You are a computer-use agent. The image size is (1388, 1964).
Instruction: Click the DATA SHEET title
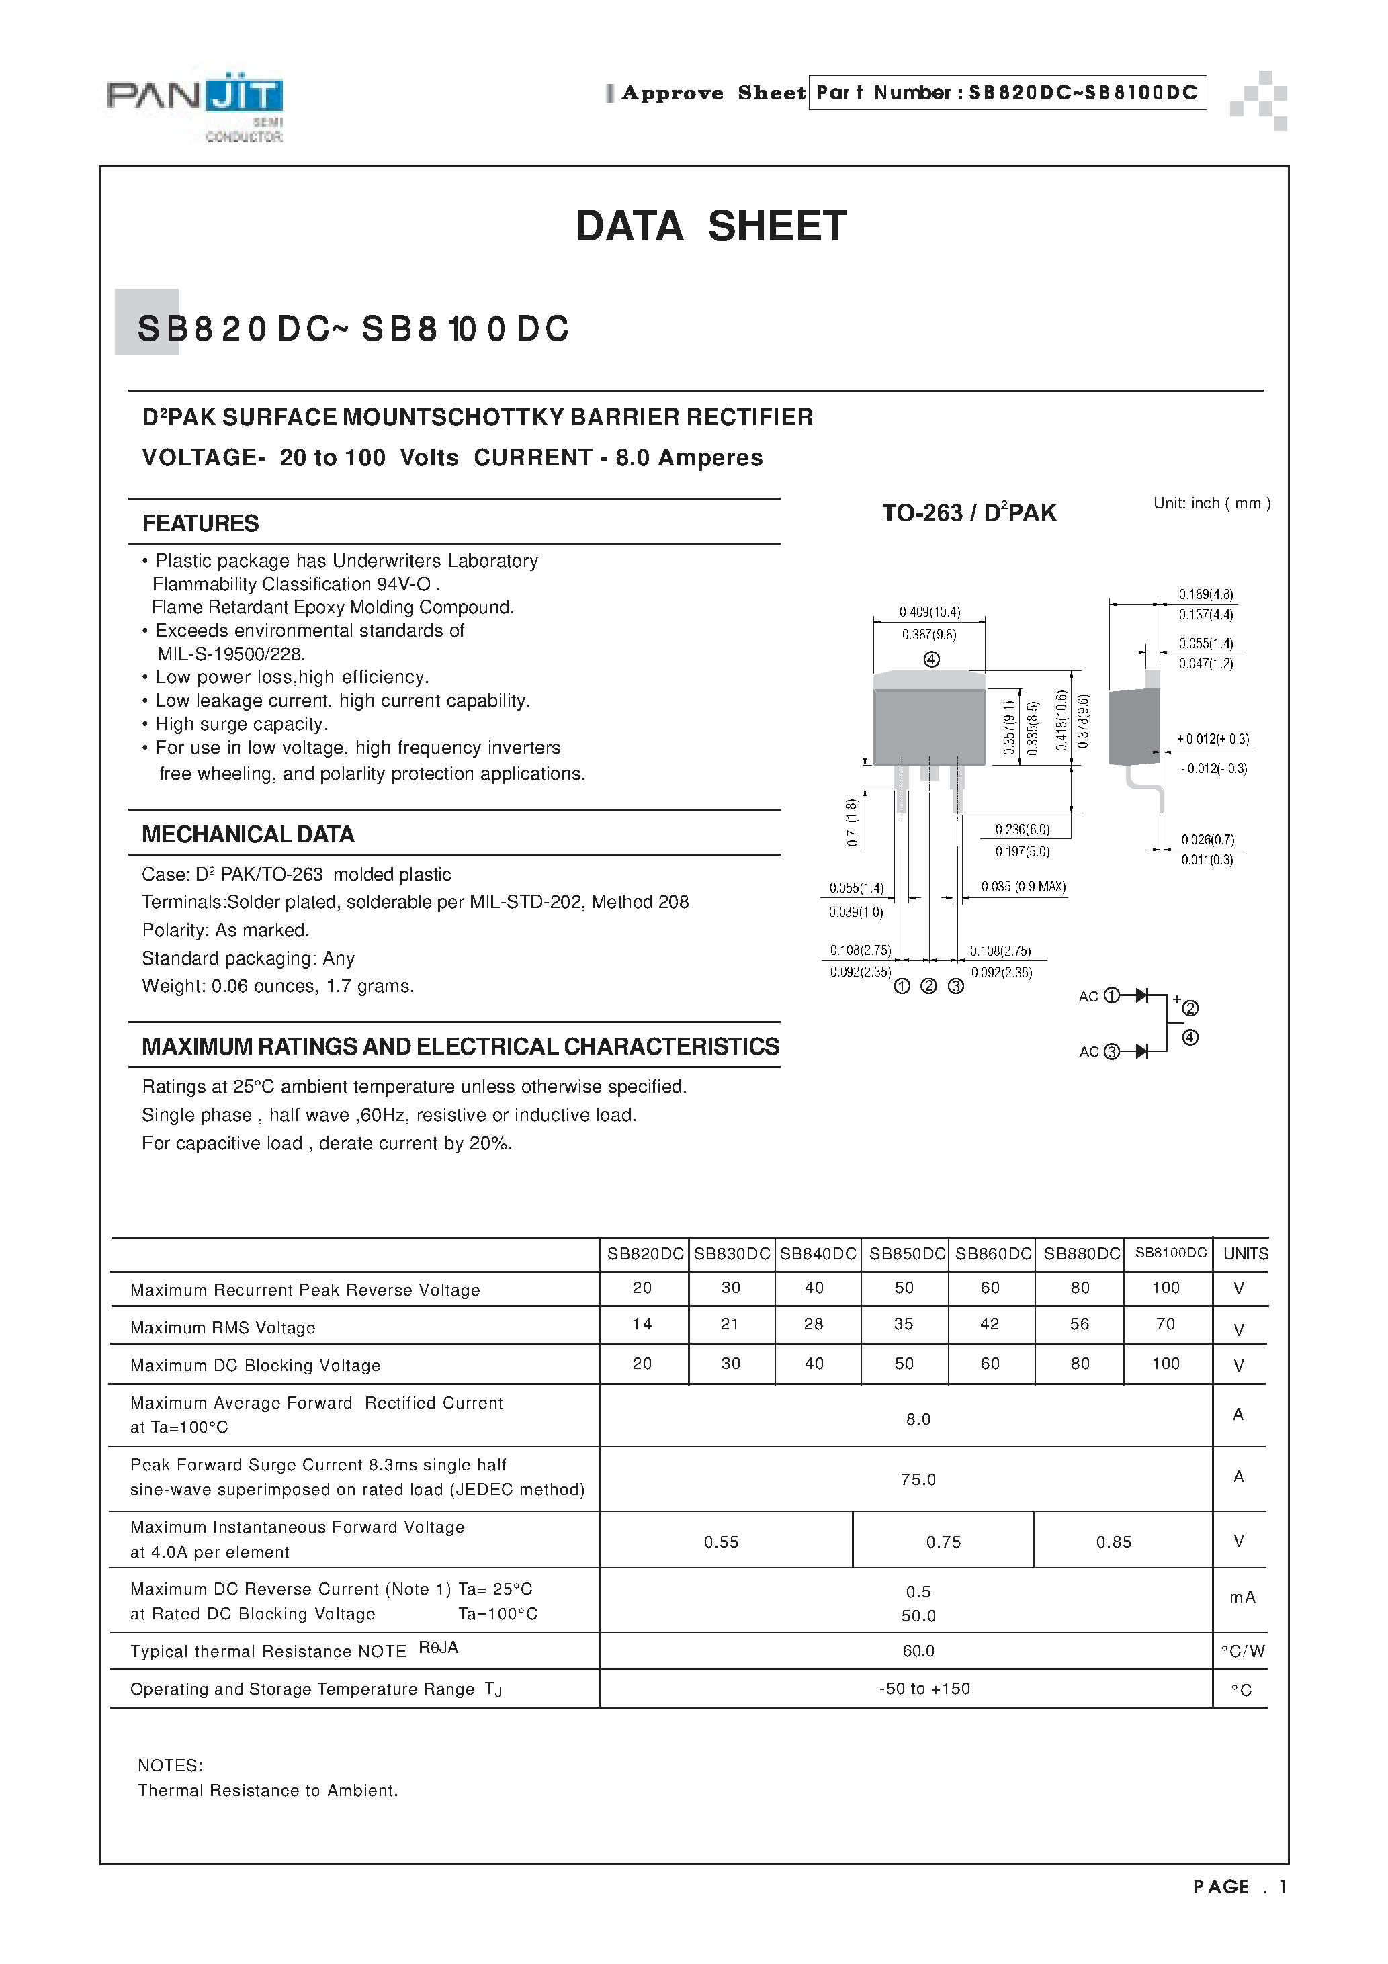(x=710, y=226)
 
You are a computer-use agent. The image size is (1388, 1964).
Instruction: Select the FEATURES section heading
(x=200, y=523)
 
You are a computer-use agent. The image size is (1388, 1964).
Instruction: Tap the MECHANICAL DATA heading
(x=247, y=834)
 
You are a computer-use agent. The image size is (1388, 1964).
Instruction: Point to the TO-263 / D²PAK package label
(x=969, y=512)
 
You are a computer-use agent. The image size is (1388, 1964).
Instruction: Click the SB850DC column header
(x=906, y=1253)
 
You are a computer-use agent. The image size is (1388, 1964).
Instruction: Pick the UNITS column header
(x=1245, y=1253)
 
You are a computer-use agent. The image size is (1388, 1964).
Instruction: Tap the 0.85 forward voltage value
(x=1113, y=1542)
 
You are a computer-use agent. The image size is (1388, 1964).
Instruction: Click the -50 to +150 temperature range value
(x=924, y=1689)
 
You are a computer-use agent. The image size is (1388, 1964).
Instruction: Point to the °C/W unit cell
(x=1242, y=1652)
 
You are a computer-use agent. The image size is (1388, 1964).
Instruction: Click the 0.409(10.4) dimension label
(x=929, y=612)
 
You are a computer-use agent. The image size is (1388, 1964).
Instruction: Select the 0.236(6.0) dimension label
(x=1022, y=829)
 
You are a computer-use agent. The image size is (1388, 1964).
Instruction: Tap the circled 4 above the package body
(x=932, y=660)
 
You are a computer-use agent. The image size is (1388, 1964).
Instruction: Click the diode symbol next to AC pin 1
(x=1141, y=995)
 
